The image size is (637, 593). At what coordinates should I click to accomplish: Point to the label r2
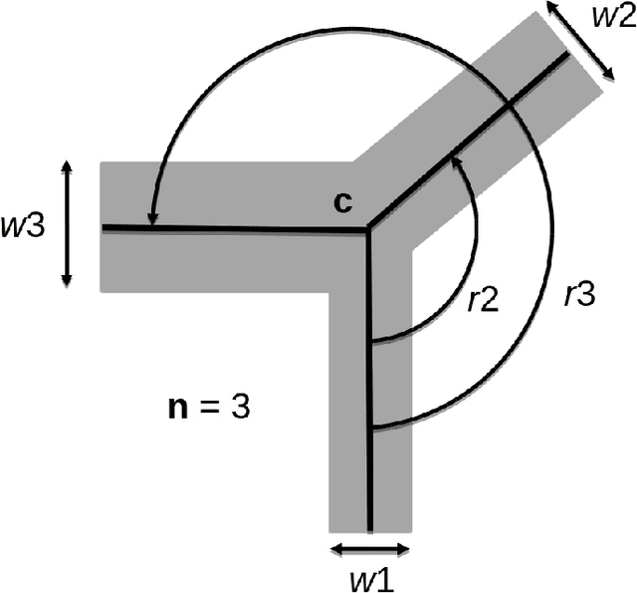point(485,300)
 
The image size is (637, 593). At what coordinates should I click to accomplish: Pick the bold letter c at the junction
point(340,202)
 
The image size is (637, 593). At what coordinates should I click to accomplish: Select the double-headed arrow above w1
point(368,547)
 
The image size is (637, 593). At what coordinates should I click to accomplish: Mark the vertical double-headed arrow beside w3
point(67,224)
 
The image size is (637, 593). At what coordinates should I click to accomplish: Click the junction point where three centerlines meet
point(369,230)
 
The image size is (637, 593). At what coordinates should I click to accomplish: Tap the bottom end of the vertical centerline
point(369,529)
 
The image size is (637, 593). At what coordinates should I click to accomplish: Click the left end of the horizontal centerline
point(104,228)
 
